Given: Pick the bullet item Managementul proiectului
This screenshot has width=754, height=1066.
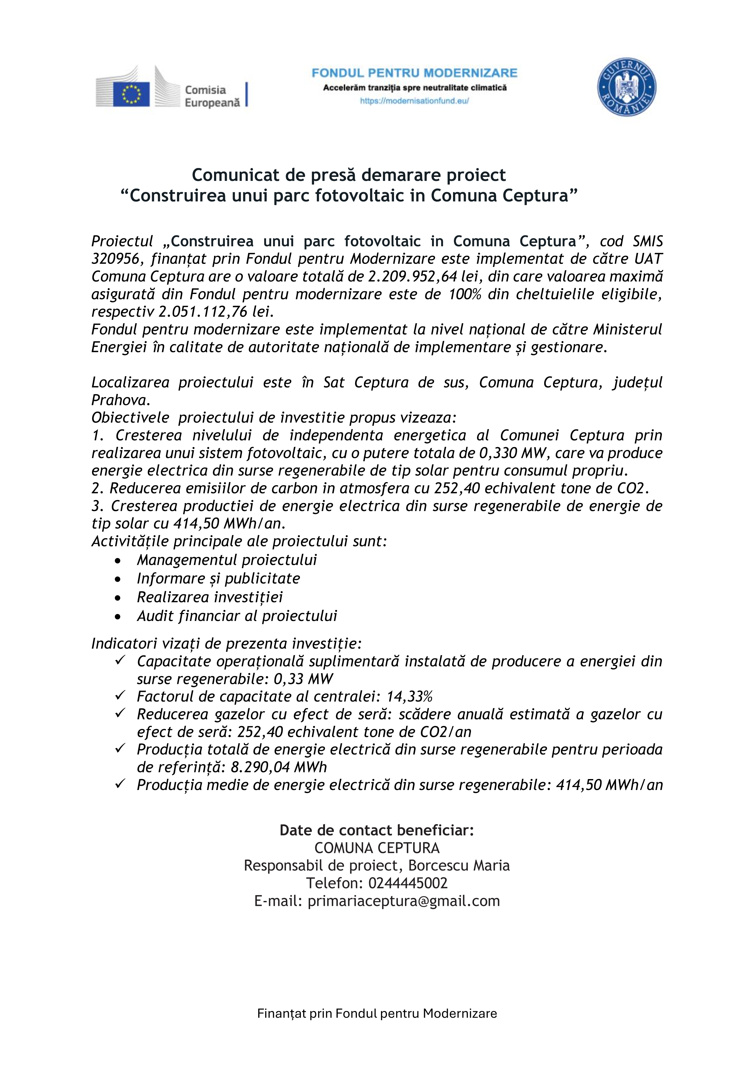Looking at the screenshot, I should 227,560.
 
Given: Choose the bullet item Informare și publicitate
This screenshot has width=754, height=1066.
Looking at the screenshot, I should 218,578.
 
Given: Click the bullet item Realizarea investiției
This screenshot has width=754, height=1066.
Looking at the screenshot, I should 209,597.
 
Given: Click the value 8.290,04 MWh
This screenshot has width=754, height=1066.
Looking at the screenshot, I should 278,767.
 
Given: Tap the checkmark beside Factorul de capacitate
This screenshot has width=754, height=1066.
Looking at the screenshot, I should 120,695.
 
